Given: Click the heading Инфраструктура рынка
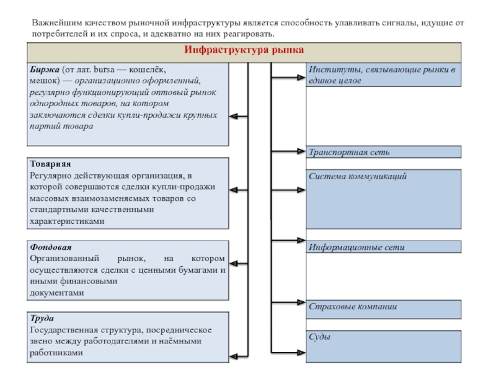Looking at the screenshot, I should click(244, 50).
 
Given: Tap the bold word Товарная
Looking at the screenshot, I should click(50, 164).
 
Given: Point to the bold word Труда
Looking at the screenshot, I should click(41, 319).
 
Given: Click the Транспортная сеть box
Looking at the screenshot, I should click(384, 151).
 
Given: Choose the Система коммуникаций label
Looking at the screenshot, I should click(358, 177).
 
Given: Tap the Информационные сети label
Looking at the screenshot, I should click(356, 247).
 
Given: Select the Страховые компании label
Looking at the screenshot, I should click(353, 307).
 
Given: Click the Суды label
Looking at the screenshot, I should click(319, 337).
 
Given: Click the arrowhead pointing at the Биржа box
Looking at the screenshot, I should click(234, 115).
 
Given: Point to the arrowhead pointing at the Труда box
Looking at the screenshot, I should click(234, 356).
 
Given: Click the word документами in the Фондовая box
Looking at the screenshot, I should click(56, 293).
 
